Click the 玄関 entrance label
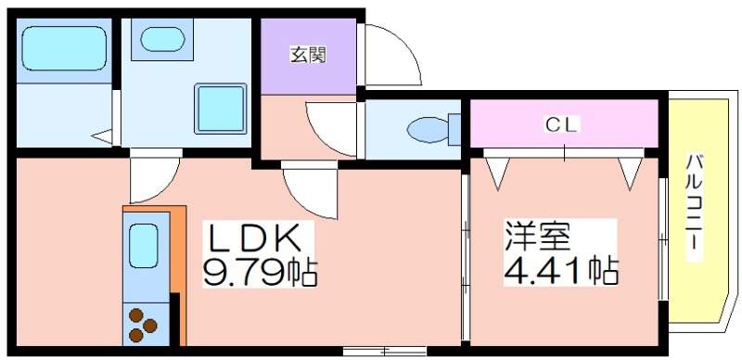click(308, 57)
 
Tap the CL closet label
click(563, 125)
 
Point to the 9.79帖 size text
click(260, 272)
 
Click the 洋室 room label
click(537, 236)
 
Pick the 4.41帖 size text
click(561, 270)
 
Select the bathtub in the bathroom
click(64, 48)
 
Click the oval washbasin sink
click(162, 39)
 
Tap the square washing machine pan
click(221, 109)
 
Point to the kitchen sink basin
click(144, 245)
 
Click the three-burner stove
click(143, 325)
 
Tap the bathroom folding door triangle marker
click(102, 136)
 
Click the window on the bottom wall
click(385, 351)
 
